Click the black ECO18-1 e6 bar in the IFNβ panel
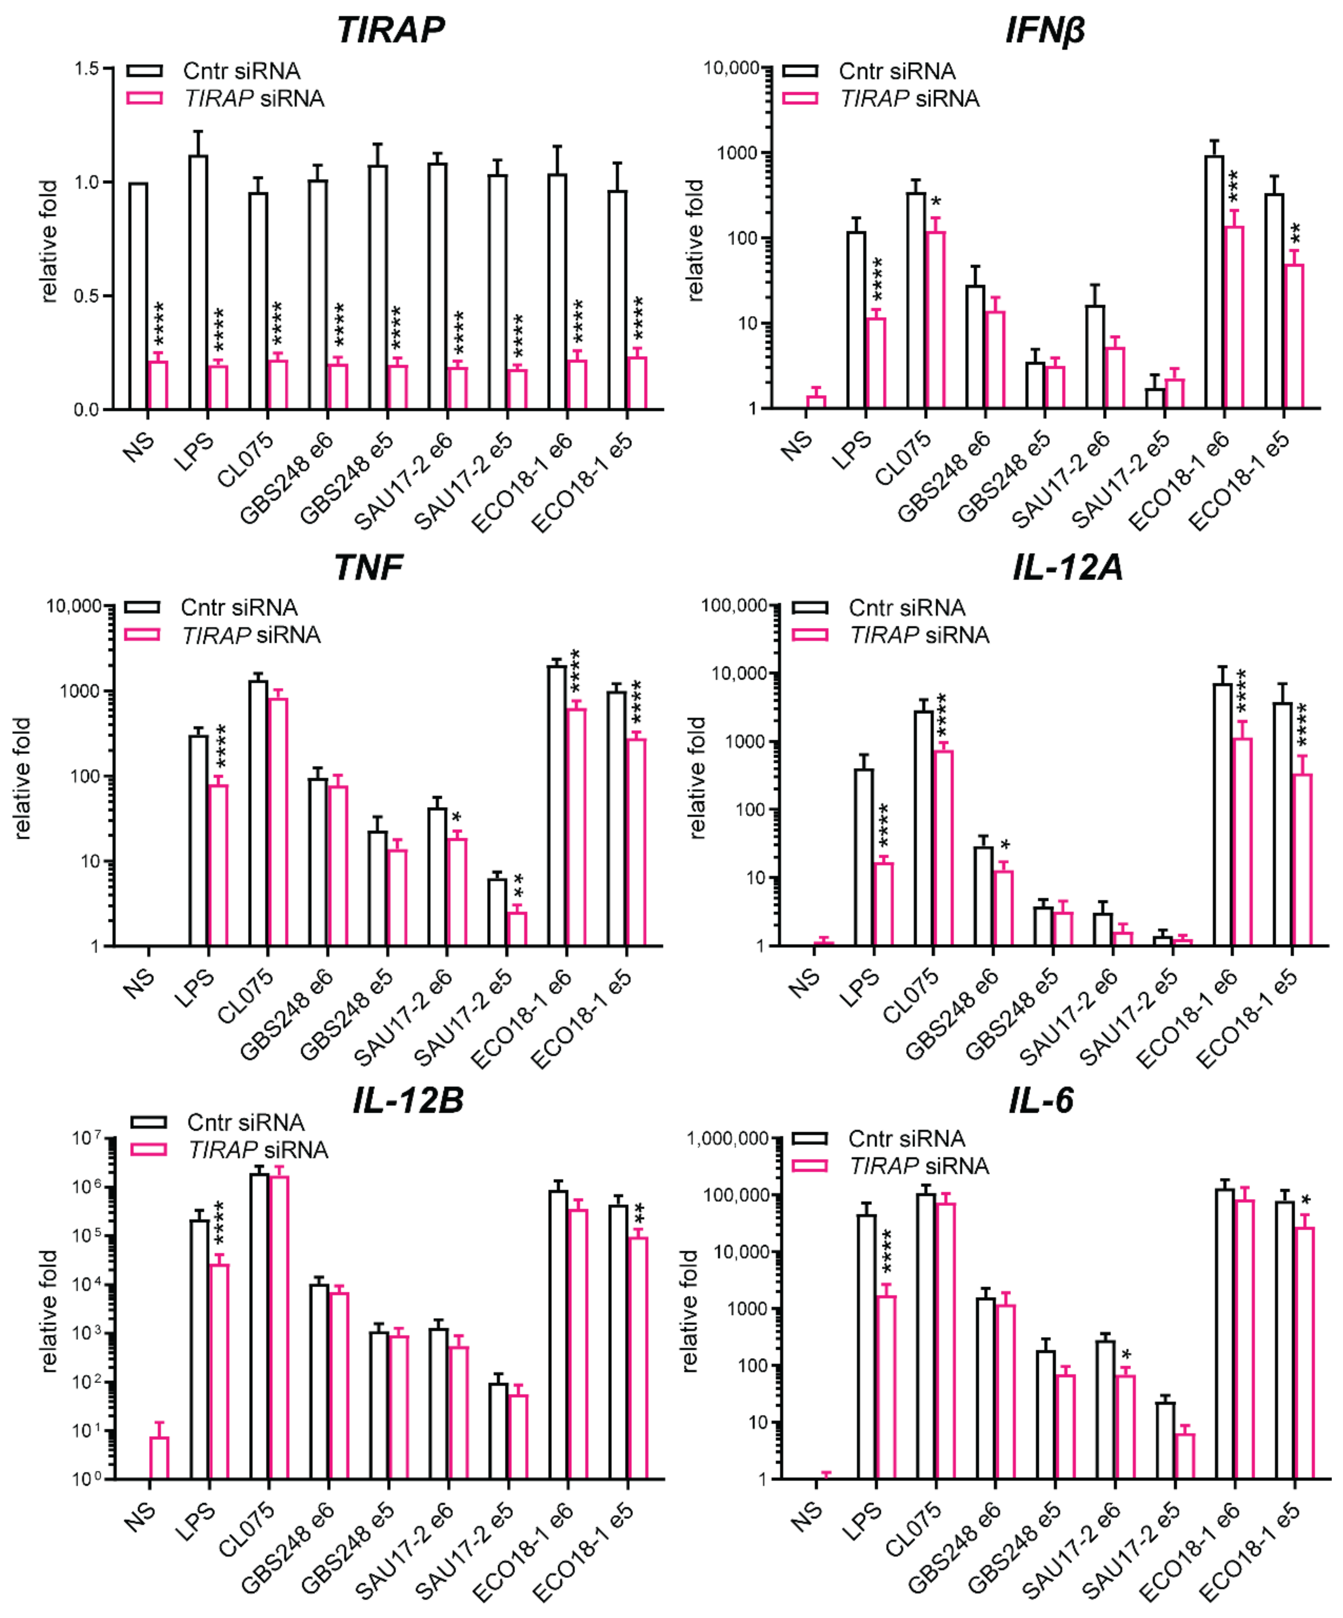1215,282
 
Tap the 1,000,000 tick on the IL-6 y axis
727,1139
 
